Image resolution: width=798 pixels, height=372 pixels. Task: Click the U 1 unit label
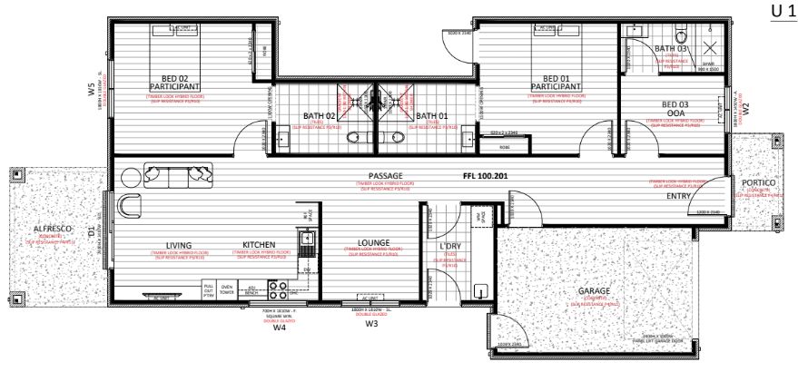point(780,10)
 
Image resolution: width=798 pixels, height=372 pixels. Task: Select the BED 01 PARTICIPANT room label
point(556,83)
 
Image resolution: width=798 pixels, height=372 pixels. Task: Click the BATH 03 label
point(671,49)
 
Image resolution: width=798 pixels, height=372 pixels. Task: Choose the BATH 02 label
point(320,116)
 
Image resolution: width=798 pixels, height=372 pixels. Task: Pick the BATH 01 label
point(432,116)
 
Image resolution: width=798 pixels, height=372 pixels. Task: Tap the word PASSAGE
point(385,175)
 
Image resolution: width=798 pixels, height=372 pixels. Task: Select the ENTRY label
point(679,196)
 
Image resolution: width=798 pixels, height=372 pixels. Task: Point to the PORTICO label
point(758,182)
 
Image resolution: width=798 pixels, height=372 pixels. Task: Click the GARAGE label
point(595,291)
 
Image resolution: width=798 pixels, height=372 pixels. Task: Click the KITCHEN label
point(259,245)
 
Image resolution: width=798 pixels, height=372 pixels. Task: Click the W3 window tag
point(371,322)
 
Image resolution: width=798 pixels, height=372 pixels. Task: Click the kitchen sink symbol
point(307,239)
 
